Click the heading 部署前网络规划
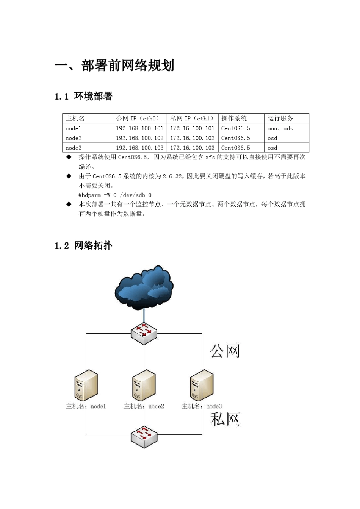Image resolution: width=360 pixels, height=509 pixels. coord(114,66)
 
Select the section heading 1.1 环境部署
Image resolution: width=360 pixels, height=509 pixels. coord(84,96)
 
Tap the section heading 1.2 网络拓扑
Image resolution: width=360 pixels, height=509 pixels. coord(84,245)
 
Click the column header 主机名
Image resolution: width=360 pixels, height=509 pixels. coord(75,119)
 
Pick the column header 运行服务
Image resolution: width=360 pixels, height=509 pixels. coord(280,119)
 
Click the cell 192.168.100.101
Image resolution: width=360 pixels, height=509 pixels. coord(139,128)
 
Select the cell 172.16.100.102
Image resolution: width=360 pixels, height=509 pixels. coord(192,138)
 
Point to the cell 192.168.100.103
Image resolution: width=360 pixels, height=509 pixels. coord(139,148)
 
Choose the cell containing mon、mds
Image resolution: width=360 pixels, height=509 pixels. coord(280,128)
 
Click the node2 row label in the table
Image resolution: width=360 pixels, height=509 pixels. coord(74,138)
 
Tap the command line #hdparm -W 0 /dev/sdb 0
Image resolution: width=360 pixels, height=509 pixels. coord(115,195)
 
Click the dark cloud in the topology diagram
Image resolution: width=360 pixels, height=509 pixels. coord(144,287)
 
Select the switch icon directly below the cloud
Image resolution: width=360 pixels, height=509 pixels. coord(144,333)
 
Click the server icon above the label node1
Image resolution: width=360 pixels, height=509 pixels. coord(86,385)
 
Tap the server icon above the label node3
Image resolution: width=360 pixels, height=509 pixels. coord(202,385)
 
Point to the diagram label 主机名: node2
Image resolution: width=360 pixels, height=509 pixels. coord(144,406)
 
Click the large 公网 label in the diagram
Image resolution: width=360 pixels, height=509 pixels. coord(225,351)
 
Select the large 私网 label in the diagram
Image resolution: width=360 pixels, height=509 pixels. coord(225,419)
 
